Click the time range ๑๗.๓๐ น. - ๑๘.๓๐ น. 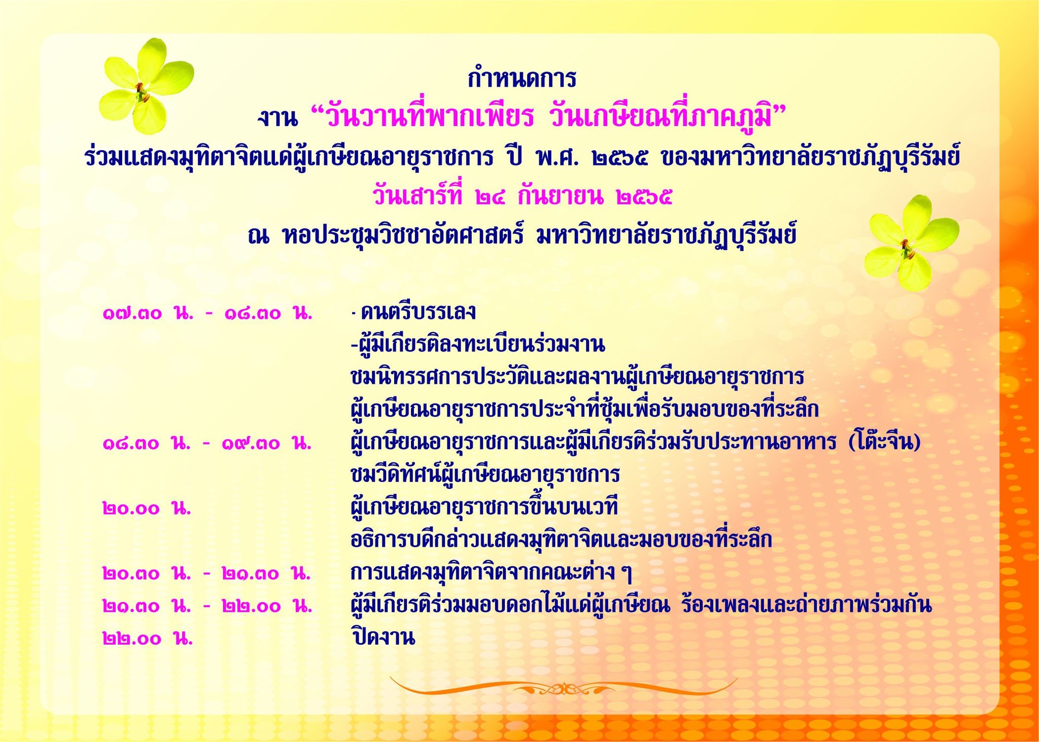[x=207, y=314]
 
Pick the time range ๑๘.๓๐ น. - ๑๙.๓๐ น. [x=207, y=443]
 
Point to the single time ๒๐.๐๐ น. [x=147, y=508]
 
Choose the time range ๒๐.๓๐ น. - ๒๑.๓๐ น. [x=207, y=574]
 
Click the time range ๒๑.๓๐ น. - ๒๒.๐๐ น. [x=207, y=606]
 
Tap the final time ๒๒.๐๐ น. [x=147, y=639]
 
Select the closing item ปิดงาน [x=383, y=637]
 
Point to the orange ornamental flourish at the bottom [x=563, y=687]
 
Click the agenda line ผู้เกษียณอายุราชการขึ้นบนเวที [x=484, y=507]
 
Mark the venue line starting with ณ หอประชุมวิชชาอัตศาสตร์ [x=522, y=236]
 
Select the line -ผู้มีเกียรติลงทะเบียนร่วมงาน [x=478, y=345]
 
